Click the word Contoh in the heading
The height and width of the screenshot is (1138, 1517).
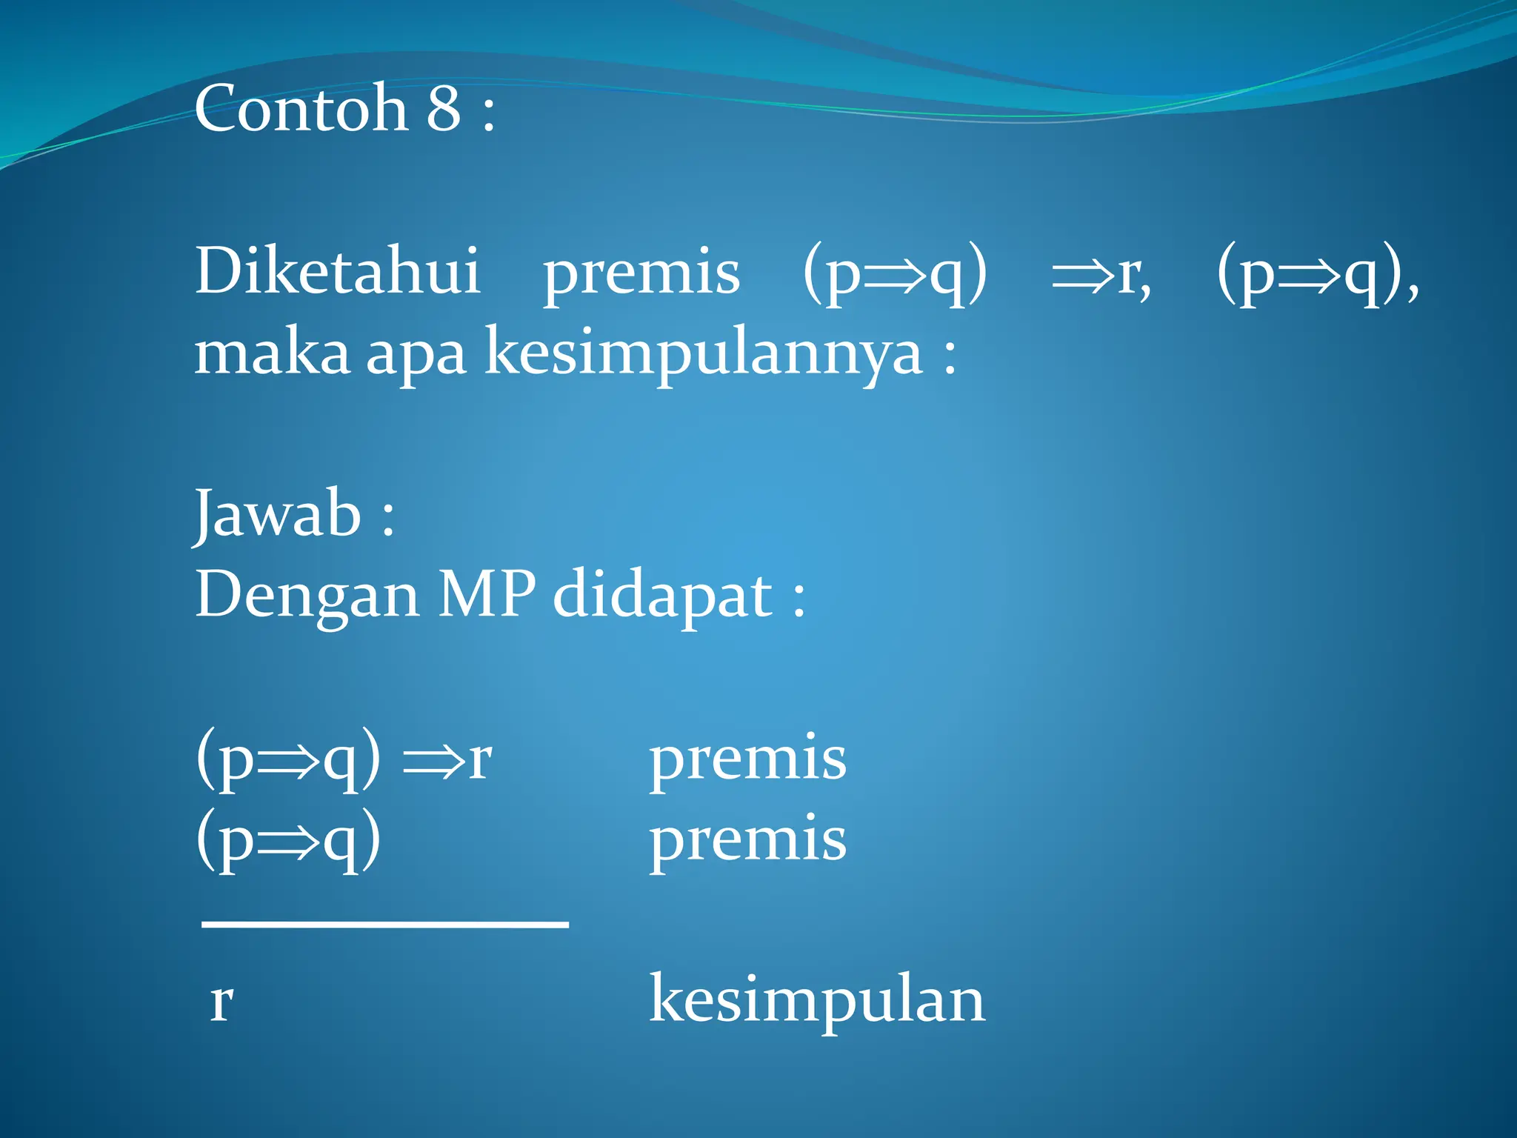[301, 109]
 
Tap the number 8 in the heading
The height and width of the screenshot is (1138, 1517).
[444, 109]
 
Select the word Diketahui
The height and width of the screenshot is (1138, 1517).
[338, 271]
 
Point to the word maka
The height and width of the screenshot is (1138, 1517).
[271, 353]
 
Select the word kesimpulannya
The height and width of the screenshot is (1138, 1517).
[704, 354]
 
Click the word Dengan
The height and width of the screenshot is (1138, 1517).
[307, 596]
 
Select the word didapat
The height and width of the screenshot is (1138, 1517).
[663, 596]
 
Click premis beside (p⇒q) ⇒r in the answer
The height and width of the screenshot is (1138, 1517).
[747, 759]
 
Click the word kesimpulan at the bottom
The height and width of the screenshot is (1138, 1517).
[817, 1001]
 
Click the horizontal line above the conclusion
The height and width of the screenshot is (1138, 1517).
[385, 925]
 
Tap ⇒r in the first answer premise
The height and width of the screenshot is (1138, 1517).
[447, 759]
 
